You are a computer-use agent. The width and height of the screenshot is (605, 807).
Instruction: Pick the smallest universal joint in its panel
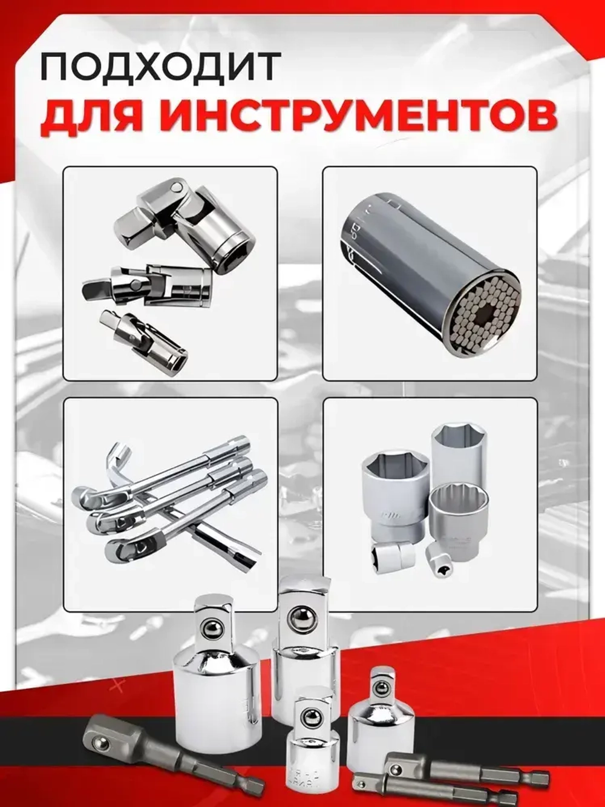(x=145, y=339)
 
